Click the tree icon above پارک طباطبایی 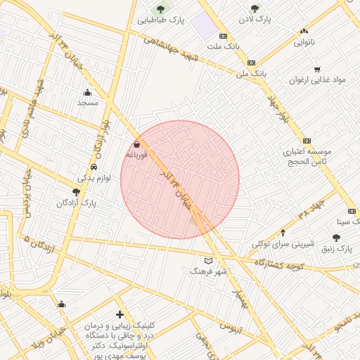161,9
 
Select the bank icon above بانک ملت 224,35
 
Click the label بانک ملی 250,72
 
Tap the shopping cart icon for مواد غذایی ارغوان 318,70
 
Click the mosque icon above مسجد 87,92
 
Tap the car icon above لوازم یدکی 94,167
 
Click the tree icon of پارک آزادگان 76,192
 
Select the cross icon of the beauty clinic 120,314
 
